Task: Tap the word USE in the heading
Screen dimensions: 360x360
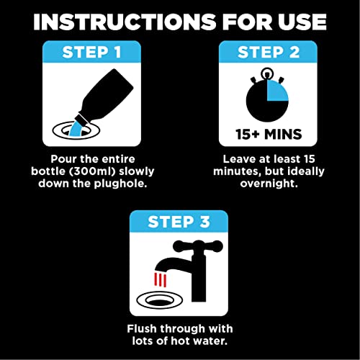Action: [x=296, y=22]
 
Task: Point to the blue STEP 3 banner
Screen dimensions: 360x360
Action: [x=181, y=221]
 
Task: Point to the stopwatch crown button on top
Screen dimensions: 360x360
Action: [x=267, y=73]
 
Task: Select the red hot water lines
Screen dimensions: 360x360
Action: [x=162, y=276]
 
